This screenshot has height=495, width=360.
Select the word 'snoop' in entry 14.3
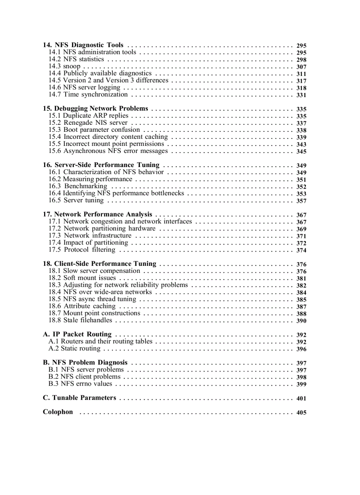click(72, 67)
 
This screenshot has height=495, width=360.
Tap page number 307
click(301, 67)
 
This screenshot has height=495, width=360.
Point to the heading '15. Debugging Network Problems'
click(95, 108)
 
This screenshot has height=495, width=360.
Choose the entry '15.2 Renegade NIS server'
click(88, 123)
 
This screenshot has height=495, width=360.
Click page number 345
click(301, 152)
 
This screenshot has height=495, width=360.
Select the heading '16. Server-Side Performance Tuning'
click(101, 165)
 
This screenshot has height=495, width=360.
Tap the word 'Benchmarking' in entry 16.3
click(86, 186)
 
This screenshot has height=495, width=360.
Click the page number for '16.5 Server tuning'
click(301, 201)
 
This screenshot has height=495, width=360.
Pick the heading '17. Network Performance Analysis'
click(97, 214)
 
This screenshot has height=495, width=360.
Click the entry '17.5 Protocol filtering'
click(82, 250)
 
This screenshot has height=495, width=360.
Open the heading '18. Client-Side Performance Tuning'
click(99, 264)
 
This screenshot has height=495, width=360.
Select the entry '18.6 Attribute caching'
click(82, 306)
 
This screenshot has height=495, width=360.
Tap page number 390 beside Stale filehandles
click(301, 321)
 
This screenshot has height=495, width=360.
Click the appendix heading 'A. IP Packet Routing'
click(77, 335)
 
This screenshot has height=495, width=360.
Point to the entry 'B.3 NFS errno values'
click(80, 384)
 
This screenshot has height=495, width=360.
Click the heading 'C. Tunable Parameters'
click(79, 398)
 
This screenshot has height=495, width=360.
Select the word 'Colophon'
click(58, 412)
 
